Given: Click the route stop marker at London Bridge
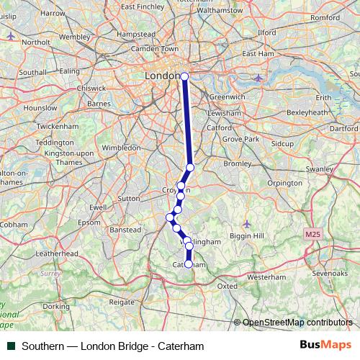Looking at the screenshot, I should [x=184, y=76].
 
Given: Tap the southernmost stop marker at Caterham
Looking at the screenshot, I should [x=189, y=264].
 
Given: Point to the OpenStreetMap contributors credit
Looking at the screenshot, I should [x=297, y=323].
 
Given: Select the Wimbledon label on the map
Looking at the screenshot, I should [x=122, y=148].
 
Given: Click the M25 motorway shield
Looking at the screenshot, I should [x=312, y=235].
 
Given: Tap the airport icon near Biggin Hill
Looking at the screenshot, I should [x=247, y=222].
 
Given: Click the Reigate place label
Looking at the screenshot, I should [x=122, y=303].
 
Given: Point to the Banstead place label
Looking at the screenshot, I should [x=125, y=230].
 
